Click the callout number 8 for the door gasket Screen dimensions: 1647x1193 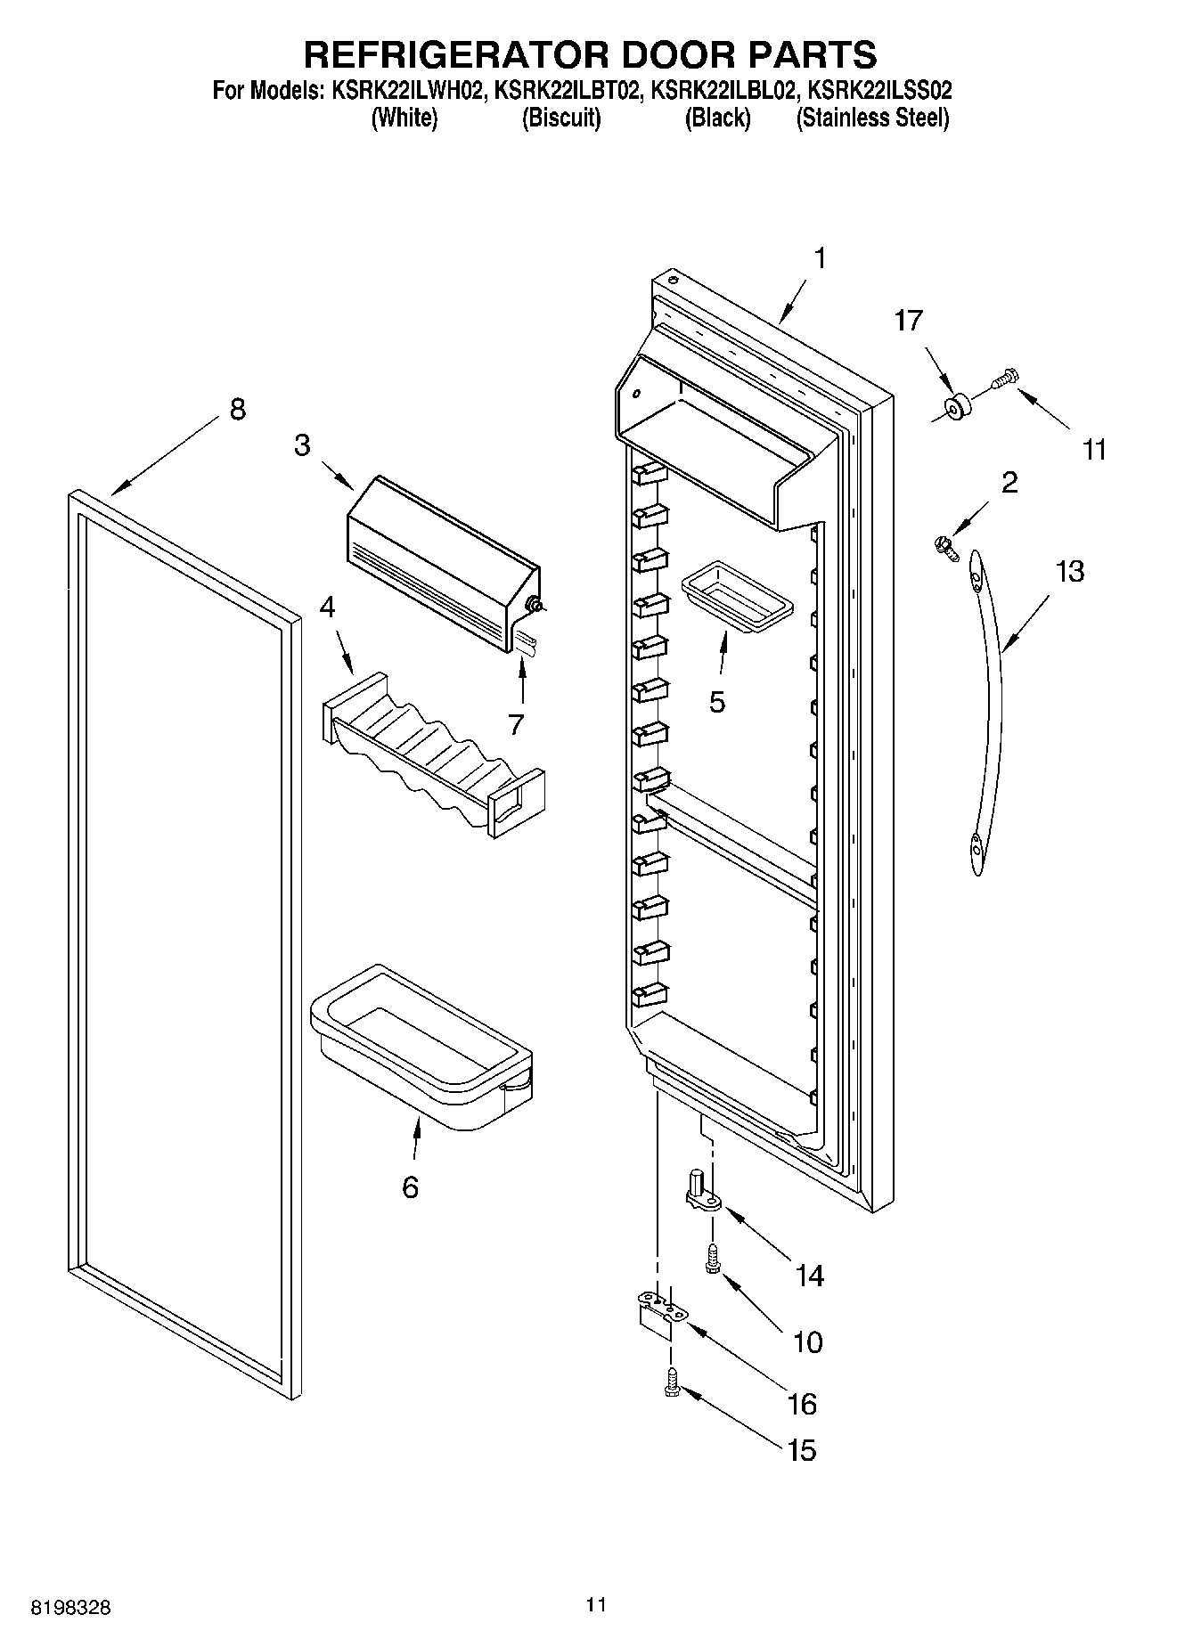pyautogui.click(x=237, y=410)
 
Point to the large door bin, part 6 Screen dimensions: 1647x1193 pyautogui.click(x=419, y=1047)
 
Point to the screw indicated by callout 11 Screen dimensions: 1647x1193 pyautogui.click(x=1005, y=380)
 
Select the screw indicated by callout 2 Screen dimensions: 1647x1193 pyautogui.click(x=947, y=545)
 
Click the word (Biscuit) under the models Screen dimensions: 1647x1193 pyautogui.click(x=560, y=118)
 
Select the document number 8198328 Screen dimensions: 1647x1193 pyautogui.click(x=71, y=1607)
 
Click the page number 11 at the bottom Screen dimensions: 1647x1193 pyautogui.click(x=596, y=1604)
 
